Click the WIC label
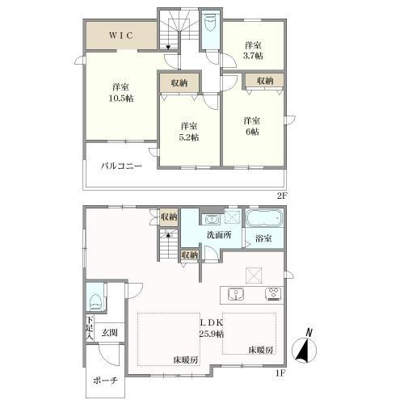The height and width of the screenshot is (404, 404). [x=121, y=36]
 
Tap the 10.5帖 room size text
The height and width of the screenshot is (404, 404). [x=121, y=99]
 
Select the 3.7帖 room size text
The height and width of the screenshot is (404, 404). [x=253, y=56]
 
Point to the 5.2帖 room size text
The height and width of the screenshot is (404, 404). [x=189, y=137]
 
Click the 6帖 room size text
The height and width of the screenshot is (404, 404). [x=252, y=132]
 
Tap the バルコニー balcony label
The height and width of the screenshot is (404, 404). [x=121, y=166]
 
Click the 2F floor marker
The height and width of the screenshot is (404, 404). [x=282, y=196]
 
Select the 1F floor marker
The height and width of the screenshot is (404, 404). [x=280, y=373]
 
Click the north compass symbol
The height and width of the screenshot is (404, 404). [x=305, y=347]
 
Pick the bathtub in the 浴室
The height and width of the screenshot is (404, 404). [x=264, y=218]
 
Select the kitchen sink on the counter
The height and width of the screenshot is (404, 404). [x=236, y=294]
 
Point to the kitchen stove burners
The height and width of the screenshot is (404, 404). [x=274, y=294]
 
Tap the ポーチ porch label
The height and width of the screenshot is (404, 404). [x=105, y=381]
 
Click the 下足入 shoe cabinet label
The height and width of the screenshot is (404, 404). [x=90, y=328]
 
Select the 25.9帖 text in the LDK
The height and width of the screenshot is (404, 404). [x=212, y=335]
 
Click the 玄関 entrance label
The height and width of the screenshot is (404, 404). [x=110, y=333]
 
